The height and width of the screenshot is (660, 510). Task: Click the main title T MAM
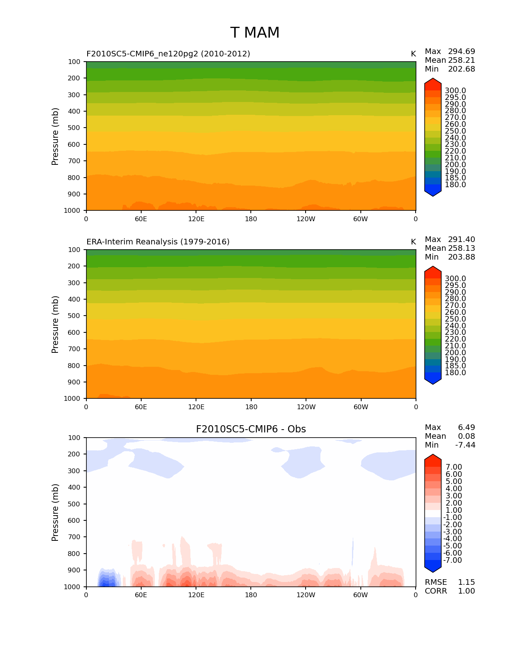point(255,33)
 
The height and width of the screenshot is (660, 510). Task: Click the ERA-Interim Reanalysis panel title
point(158,242)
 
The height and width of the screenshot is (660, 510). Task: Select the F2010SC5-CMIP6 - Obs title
point(251,429)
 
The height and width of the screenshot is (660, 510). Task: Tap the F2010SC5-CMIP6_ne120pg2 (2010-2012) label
point(168,54)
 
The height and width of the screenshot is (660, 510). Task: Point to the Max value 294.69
point(462,52)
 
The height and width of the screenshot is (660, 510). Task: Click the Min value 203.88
point(462,257)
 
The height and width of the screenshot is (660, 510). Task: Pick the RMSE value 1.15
point(466,582)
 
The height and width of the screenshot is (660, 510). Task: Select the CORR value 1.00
point(466,591)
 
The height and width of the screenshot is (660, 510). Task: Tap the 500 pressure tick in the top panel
point(74,128)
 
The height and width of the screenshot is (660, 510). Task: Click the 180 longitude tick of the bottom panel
point(251,595)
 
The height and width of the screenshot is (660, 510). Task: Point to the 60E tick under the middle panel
point(141,407)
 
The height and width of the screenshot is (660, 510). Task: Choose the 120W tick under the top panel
point(306,219)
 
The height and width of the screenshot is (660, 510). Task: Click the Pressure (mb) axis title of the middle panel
point(55,324)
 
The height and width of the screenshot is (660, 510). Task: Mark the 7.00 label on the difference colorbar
point(454,467)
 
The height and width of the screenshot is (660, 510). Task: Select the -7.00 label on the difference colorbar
point(453,560)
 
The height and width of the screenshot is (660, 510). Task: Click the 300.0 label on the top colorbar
point(455,91)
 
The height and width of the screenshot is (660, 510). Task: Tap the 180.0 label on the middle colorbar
point(455,373)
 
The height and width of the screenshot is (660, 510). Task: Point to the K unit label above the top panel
point(413,54)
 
